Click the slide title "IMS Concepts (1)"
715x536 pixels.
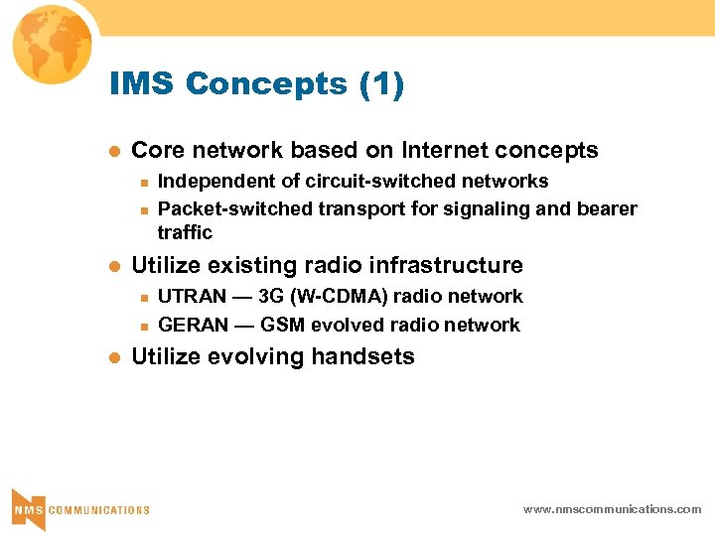[x=257, y=85]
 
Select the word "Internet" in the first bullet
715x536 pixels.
[x=447, y=151]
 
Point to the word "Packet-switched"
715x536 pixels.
[x=234, y=208]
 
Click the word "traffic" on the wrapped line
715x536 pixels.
[x=185, y=233]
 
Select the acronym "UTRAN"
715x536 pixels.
[x=193, y=297]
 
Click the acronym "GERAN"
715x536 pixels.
[x=193, y=326]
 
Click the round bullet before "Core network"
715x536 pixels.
[x=114, y=152]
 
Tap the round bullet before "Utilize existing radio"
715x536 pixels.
[x=114, y=267]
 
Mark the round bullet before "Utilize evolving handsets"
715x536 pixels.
[x=114, y=358]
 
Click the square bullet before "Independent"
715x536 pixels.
[x=144, y=183]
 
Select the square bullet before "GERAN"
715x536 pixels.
[x=144, y=327]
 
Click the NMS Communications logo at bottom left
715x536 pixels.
[x=79, y=508]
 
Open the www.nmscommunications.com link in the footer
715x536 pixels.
[x=612, y=509]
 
